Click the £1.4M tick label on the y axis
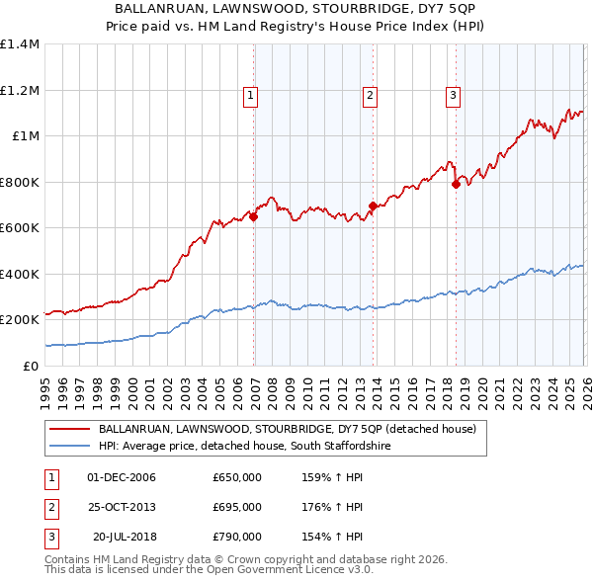click(x=20, y=44)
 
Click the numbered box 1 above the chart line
click(x=251, y=96)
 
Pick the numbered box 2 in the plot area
click(x=369, y=96)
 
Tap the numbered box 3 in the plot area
click(x=452, y=96)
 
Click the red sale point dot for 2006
click(x=254, y=217)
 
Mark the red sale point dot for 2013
click(x=374, y=207)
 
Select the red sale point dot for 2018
click(x=456, y=185)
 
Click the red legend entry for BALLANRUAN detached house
click(x=287, y=429)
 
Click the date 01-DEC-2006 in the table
click(x=122, y=477)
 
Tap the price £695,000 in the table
click(x=237, y=507)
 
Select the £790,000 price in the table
click(x=237, y=537)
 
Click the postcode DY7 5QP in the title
click(x=444, y=8)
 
